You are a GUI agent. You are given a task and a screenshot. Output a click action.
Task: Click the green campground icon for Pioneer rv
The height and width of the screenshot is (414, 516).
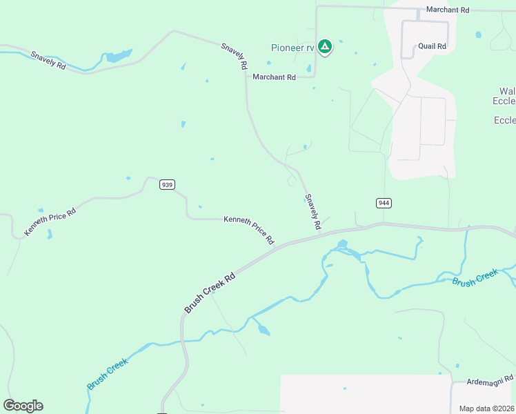[325, 47]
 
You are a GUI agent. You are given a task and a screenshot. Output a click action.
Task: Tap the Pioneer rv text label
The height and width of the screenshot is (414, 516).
[292, 48]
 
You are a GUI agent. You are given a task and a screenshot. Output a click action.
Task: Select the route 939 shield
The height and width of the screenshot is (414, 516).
[166, 184]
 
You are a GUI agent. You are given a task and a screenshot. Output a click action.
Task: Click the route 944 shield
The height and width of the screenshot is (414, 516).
[384, 203]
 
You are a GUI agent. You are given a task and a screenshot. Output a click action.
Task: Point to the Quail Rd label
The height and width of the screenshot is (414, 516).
[433, 46]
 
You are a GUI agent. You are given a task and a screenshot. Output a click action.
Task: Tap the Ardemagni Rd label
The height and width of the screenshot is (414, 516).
[490, 379]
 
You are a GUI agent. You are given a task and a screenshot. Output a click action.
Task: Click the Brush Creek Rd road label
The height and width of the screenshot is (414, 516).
[210, 291]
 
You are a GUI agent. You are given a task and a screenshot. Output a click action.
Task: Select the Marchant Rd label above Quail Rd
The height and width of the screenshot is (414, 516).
[447, 10]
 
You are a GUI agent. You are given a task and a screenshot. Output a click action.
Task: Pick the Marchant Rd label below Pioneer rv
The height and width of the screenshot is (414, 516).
[274, 77]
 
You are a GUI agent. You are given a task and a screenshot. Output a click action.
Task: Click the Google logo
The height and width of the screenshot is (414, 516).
[23, 406]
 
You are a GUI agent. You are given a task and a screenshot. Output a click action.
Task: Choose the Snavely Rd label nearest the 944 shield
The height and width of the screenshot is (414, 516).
[312, 211]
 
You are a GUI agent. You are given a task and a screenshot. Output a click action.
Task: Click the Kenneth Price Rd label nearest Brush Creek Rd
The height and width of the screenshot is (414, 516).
[248, 230]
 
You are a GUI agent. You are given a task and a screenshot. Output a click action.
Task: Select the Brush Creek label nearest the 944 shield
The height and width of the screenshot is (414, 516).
[475, 278]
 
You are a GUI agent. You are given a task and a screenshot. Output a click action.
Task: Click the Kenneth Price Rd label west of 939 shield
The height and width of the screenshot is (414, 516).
[50, 220]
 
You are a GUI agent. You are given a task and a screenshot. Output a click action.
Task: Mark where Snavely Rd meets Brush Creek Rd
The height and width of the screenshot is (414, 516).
[321, 235]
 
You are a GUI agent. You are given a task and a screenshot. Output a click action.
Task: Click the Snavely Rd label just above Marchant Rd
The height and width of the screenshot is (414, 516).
[234, 57]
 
